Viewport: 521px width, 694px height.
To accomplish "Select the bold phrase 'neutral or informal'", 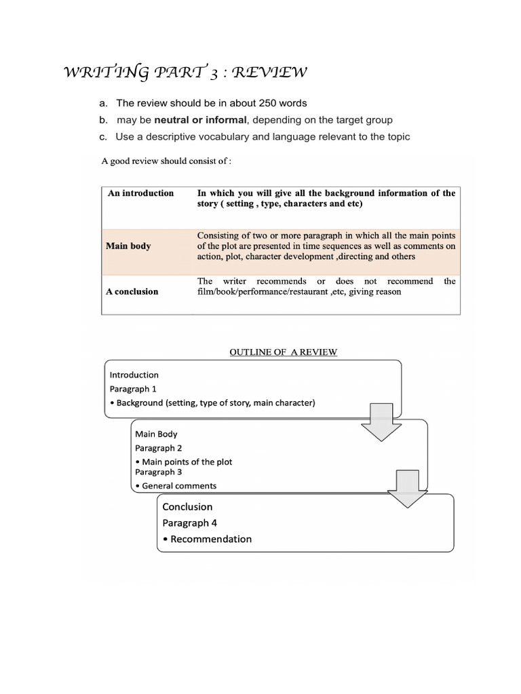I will [200, 120].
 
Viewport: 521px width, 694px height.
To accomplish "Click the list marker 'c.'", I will [103, 137].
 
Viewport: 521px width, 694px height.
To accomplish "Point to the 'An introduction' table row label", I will [140, 193].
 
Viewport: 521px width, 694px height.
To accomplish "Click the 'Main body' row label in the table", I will [128, 246].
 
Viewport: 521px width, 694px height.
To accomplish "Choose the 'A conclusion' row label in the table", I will [132, 291].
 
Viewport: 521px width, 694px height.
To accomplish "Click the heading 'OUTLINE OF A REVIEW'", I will [283, 352].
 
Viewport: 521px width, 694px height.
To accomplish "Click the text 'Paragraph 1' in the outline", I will [133, 389].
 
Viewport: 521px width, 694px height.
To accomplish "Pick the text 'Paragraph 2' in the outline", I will [158, 448].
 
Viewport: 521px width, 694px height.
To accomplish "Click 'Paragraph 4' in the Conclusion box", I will [190, 523].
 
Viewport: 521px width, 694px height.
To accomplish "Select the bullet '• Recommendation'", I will [207, 539].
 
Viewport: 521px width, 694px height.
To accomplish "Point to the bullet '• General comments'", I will [176, 485].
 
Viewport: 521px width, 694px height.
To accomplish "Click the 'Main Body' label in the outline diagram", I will [156, 434].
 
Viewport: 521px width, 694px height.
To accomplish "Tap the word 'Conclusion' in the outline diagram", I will [187, 506].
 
